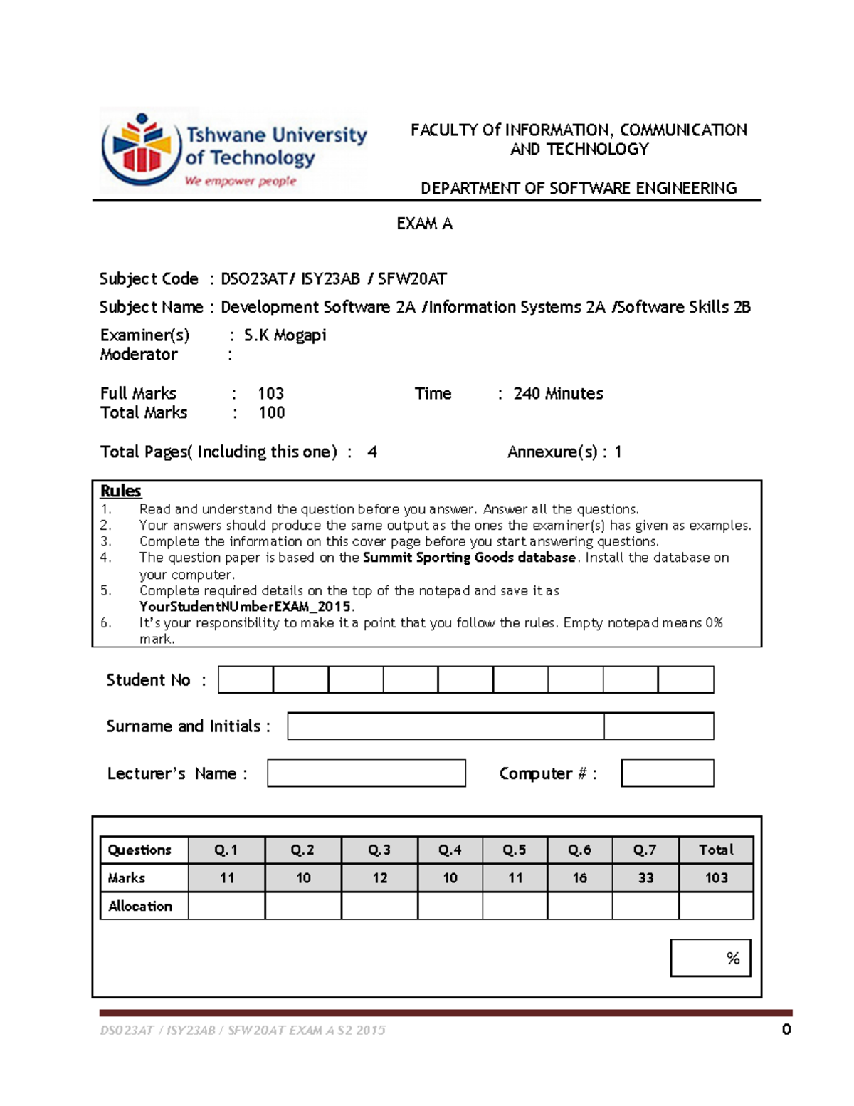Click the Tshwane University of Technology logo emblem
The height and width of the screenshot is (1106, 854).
(x=141, y=150)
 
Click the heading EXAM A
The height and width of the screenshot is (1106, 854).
(x=424, y=224)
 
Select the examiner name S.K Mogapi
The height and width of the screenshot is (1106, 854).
(x=285, y=335)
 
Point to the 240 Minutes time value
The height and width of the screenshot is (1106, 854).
(x=558, y=394)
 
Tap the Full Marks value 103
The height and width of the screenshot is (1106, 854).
(x=270, y=394)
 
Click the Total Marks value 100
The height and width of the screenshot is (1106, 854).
(x=271, y=413)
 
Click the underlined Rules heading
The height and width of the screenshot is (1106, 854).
(x=120, y=491)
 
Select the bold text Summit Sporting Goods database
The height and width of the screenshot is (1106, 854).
(x=469, y=558)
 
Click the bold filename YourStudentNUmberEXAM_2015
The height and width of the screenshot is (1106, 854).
(x=246, y=607)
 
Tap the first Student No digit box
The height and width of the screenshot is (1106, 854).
(x=246, y=679)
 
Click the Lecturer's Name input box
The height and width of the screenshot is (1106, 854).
(x=367, y=773)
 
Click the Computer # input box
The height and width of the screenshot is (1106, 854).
(x=667, y=773)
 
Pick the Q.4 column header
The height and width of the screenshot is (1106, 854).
(x=450, y=850)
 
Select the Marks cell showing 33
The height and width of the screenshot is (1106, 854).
(x=645, y=878)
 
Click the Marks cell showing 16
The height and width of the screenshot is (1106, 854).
(x=579, y=878)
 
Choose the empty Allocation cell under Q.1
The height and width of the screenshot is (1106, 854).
(x=226, y=906)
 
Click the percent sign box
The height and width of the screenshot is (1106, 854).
(x=710, y=958)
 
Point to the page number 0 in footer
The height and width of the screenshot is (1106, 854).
(x=786, y=1029)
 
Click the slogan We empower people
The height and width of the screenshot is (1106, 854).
(x=240, y=182)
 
